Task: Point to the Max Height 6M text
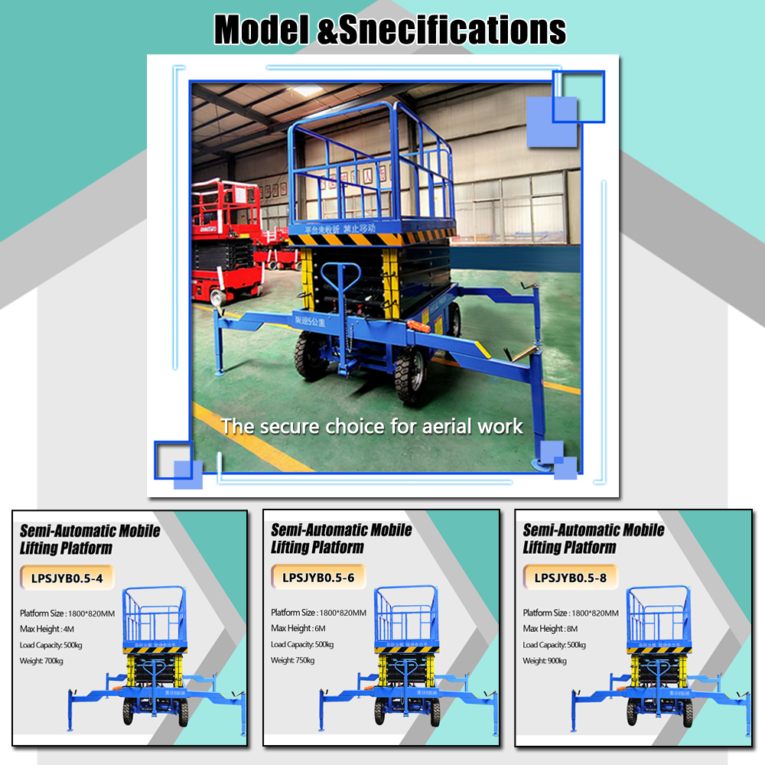pyautogui.click(x=298, y=629)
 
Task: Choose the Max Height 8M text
pyautogui.click(x=550, y=629)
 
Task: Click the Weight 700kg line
pyautogui.click(x=42, y=660)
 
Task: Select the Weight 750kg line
pyautogui.click(x=293, y=660)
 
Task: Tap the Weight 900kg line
pyautogui.click(x=545, y=660)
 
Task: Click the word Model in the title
pyautogui.click(x=259, y=31)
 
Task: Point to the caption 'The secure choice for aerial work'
pyautogui.click(x=373, y=426)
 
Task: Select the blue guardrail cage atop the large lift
pyautogui.click(x=370, y=168)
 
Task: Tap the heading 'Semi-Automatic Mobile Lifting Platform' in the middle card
pyautogui.click(x=341, y=539)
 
